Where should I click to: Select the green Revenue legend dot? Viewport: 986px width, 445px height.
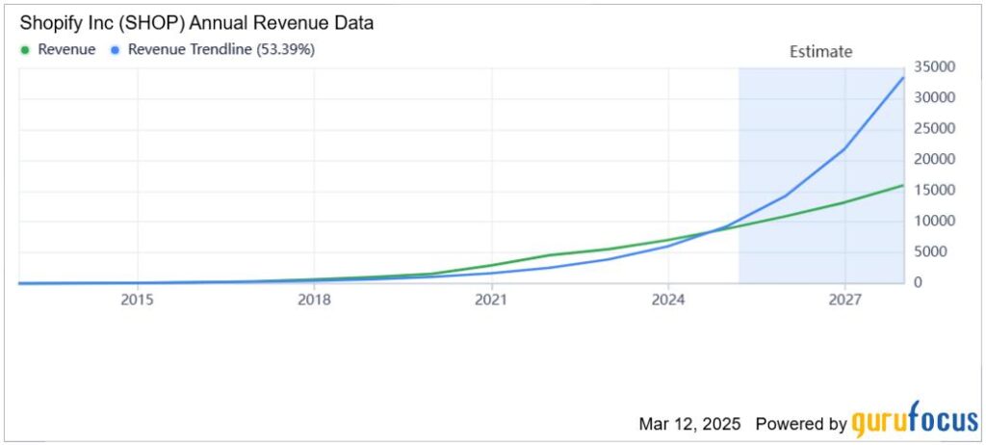pos(25,50)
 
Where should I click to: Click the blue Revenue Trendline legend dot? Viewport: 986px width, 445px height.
pos(116,50)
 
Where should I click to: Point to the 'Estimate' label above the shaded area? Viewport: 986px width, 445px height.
pos(820,52)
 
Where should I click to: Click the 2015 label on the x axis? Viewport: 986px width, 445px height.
pos(138,300)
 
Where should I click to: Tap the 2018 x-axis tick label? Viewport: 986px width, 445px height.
pos(314,300)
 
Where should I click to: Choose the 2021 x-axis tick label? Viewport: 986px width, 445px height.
pos(491,300)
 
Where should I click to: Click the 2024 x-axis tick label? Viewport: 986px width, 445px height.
pos(667,300)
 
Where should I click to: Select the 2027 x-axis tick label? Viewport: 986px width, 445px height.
pos(844,300)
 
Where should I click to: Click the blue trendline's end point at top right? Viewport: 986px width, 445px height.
pos(902,78)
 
